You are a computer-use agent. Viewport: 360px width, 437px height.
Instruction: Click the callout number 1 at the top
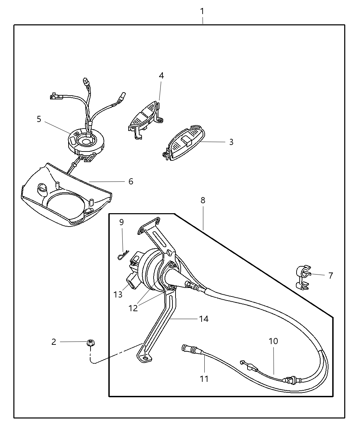coord(202,11)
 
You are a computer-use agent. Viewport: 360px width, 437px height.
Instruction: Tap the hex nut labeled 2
coord(91,342)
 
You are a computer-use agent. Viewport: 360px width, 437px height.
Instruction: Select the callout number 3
coord(231,142)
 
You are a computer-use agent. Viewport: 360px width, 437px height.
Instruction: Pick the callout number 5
coord(39,119)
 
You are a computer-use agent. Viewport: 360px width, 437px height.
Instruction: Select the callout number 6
coord(131,181)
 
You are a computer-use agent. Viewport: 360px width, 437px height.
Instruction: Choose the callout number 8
coord(203,200)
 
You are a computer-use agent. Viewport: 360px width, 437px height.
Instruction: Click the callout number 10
coord(273,341)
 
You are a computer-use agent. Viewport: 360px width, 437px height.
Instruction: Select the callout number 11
coord(204,379)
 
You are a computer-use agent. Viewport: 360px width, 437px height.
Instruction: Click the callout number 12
coord(133,308)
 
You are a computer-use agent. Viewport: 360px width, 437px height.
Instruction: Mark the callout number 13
coord(118,294)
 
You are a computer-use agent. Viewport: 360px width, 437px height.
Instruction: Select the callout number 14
coord(204,319)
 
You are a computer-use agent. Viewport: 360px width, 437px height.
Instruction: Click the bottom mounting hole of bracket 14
coord(146,358)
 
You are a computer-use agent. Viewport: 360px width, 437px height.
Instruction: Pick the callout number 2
coord(53,342)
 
